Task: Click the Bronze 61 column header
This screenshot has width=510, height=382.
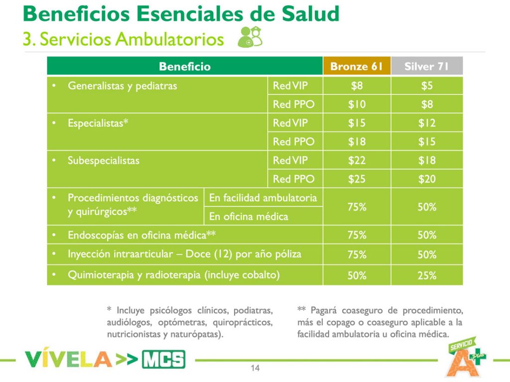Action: (x=357, y=67)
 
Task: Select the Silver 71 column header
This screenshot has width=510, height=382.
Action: (x=427, y=67)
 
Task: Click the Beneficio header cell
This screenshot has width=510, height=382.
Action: (x=185, y=67)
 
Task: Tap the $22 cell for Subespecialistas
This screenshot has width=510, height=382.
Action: (x=357, y=161)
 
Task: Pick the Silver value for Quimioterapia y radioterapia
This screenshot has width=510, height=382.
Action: (x=427, y=276)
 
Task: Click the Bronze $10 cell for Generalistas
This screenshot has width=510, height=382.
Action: (x=357, y=104)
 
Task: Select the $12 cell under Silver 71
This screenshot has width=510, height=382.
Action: (x=427, y=123)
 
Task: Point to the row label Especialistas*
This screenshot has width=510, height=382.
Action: (x=98, y=123)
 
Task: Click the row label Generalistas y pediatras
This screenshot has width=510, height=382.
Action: (x=122, y=86)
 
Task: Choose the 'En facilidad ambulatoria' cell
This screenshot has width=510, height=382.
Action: (x=262, y=198)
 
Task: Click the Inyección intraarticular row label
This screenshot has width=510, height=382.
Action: (x=184, y=254)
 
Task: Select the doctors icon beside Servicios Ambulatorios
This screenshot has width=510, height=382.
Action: (x=250, y=37)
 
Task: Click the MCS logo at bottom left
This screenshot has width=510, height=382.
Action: (x=163, y=359)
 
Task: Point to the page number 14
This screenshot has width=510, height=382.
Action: (x=255, y=369)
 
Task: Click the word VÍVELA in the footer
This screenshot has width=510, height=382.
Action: (x=68, y=359)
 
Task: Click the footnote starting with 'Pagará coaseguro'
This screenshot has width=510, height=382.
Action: (x=380, y=322)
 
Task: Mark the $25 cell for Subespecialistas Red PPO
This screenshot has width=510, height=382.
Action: (x=357, y=179)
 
